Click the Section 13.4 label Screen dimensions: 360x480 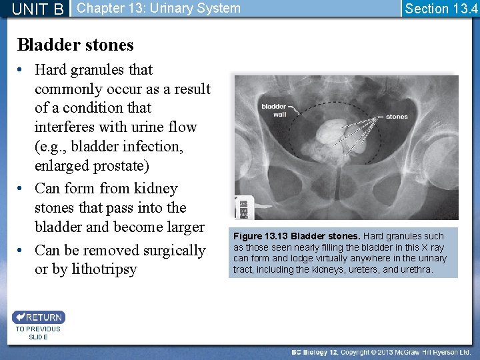tap(441, 9)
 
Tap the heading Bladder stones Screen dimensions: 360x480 tap(75, 45)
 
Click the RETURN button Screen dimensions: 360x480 tap(38, 317)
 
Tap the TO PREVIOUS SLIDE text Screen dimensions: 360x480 tap(38, 333)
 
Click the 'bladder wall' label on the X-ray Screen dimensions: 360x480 tap(273, 110)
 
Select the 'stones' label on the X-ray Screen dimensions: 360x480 tap(397, 117)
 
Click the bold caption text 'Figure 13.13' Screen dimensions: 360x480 tap(260, 236)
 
